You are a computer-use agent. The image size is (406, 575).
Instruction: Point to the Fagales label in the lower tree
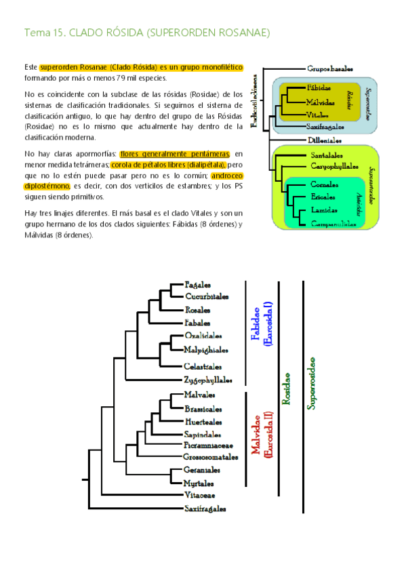(197, 285)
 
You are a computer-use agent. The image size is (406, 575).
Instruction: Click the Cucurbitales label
(206, 296)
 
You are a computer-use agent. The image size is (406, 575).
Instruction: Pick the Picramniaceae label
(208, 445)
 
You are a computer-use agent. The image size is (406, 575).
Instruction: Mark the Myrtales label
(199, 483)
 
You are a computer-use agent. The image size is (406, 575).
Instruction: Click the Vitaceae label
(199, 496)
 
